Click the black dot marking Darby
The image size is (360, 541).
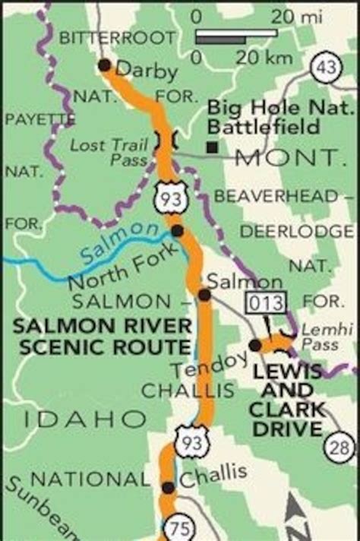[x=104, y=65]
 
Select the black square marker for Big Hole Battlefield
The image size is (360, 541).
[x=215, y=147]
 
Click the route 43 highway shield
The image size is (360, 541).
[x=326, y=68]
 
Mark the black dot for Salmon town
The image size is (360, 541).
[x=204, y=295]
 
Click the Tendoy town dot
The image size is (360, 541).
[x=255, y=346]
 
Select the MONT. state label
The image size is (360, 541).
[x=286, y=158]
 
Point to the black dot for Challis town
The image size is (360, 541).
[x=167, y=487]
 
